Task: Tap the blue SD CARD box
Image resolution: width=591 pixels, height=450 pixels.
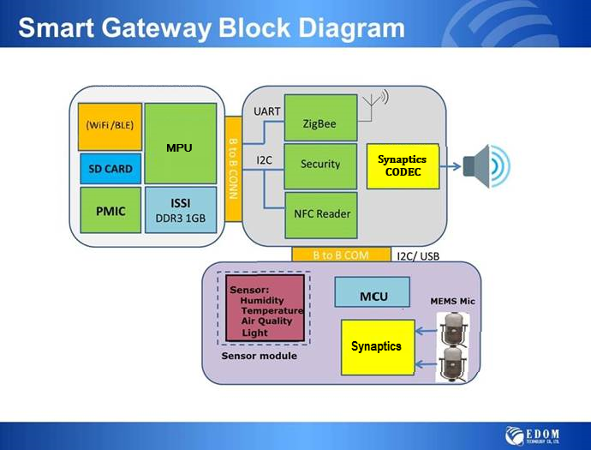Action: pos(110,169)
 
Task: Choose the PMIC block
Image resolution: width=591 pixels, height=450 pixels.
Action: pos(110,211)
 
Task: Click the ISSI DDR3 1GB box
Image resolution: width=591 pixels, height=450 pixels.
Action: pos(180,211)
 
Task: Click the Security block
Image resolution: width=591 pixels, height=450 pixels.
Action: pos(319,164)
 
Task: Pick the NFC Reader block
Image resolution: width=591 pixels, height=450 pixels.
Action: pos(319,213)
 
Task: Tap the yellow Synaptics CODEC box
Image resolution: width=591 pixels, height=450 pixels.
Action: pos(402,165)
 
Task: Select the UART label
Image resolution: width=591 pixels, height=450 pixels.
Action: pos(266,111)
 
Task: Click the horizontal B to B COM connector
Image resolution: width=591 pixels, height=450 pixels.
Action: pos(342,255)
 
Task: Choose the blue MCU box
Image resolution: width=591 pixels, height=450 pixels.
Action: pos(373,296)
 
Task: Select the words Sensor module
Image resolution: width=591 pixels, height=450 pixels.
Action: pos(260,355)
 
